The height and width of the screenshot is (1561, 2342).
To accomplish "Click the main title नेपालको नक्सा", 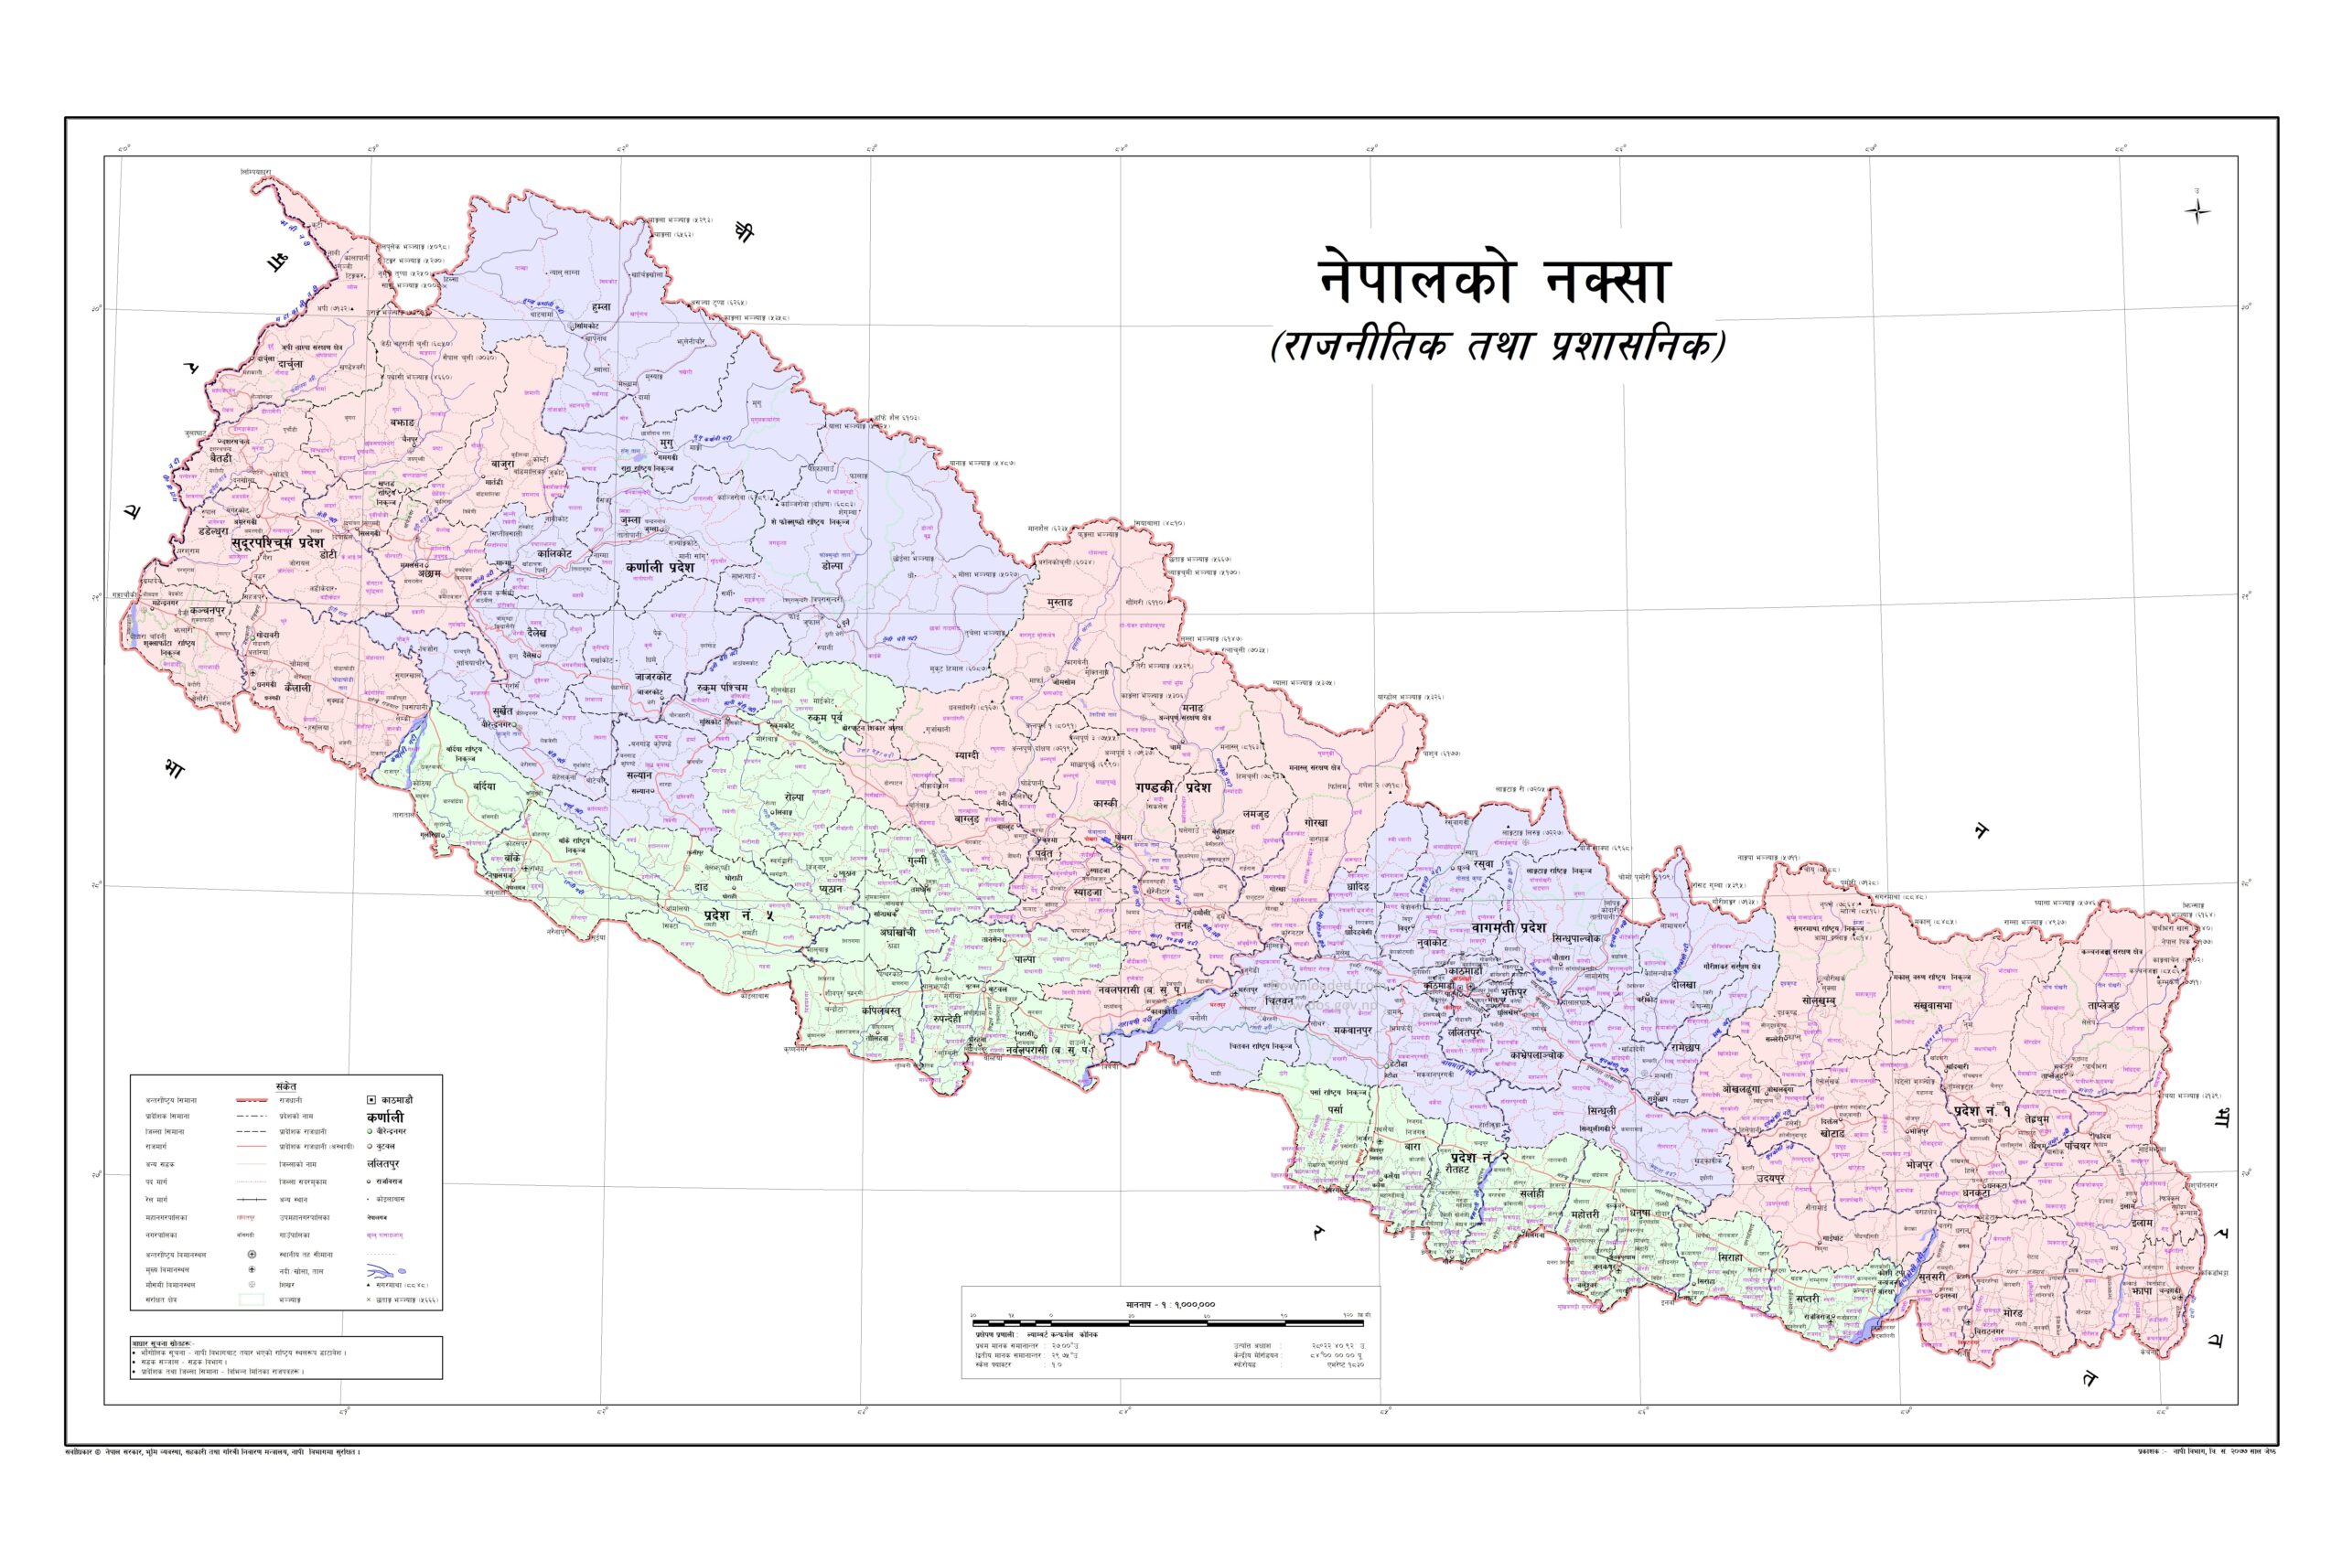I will (1493, 280).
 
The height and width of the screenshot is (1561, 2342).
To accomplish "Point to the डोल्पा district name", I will (832, 565).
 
